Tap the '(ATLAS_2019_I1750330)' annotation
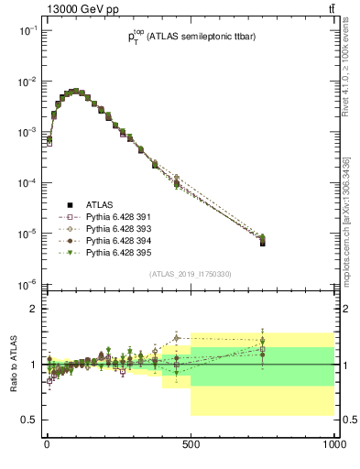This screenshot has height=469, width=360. tap(190, 274)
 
